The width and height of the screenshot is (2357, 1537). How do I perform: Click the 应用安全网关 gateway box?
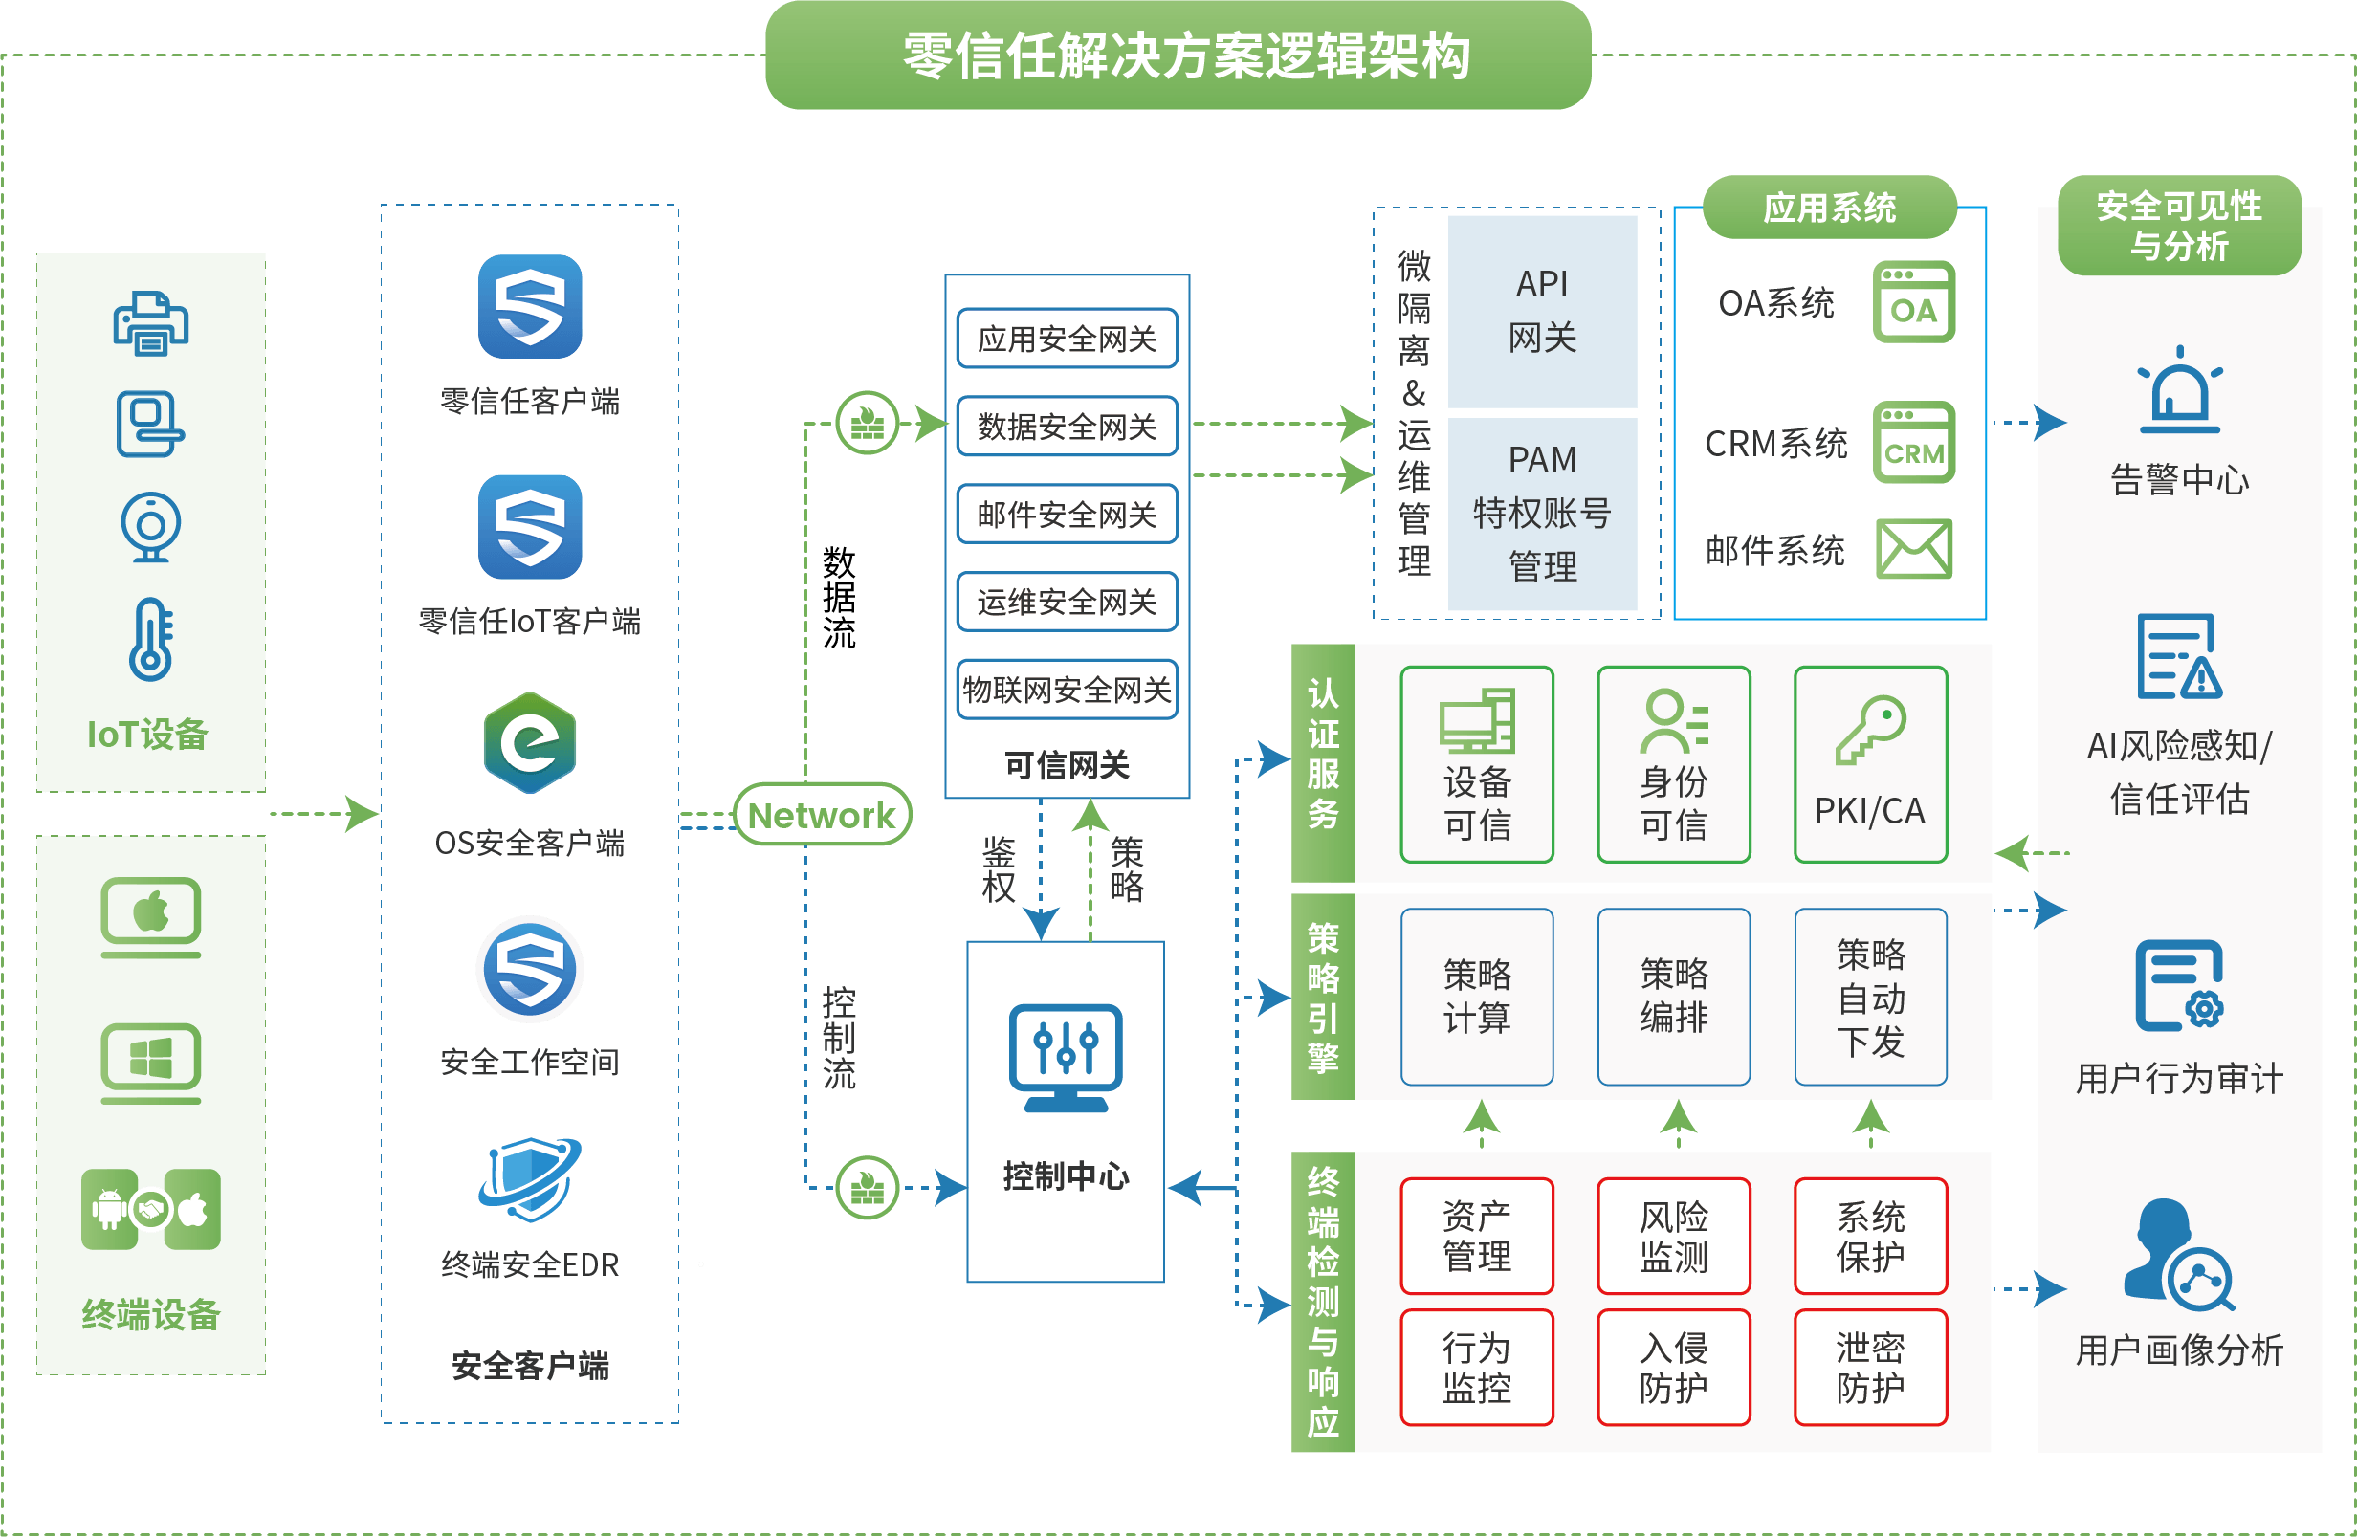click(x=1067, y=339)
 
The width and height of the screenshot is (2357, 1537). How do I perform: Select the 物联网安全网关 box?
click(x=1067, y=690)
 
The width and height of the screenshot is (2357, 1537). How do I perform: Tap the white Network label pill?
click(x=821, y=815)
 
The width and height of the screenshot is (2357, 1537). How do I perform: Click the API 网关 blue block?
click(x=1542, y=311)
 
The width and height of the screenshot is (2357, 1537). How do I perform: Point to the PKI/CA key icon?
click(x=1870, y=730)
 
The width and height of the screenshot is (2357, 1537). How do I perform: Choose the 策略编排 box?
click(x=1674, y=997)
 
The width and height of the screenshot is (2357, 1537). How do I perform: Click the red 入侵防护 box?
click(x=1674, y=1368)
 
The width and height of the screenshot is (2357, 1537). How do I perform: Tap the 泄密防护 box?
click(x=1870, y=1368)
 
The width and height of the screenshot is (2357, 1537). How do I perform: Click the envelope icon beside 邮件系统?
click(x=1914, y=549)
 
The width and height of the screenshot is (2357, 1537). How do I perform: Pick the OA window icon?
click(x=1913, y=302)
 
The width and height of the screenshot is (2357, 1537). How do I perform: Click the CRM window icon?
click(x=1913, y=443)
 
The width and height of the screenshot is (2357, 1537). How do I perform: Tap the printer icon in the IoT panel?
click(x=150, y=323)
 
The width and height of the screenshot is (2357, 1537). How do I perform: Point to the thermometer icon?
click(x=151, y=639)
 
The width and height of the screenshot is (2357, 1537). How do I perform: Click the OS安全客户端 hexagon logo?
click(x=530, y=743)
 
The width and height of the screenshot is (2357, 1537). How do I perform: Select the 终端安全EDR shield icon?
click(x=530, y=1178)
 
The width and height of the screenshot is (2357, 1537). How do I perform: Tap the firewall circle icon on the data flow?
click(x=868, y=423)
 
